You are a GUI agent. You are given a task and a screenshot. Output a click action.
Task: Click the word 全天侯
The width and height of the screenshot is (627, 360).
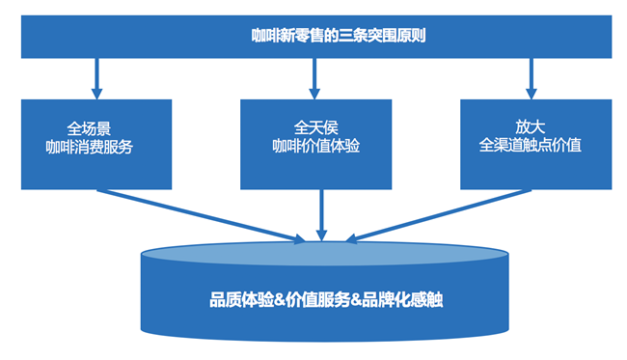(314, 127)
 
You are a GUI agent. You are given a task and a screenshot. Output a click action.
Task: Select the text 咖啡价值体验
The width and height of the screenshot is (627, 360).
(315, 147)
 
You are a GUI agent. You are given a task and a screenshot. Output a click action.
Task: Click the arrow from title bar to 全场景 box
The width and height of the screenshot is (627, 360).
(96, 76)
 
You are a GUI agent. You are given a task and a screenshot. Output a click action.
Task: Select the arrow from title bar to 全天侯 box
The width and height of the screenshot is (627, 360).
(314, 76)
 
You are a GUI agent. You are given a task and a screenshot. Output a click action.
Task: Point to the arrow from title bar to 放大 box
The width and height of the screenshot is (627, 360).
(532, 76)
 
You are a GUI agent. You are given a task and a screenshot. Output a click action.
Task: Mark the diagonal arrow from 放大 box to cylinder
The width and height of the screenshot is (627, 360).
(434, 212)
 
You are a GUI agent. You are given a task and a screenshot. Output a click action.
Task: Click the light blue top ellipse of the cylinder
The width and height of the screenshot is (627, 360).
(323, 254)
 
